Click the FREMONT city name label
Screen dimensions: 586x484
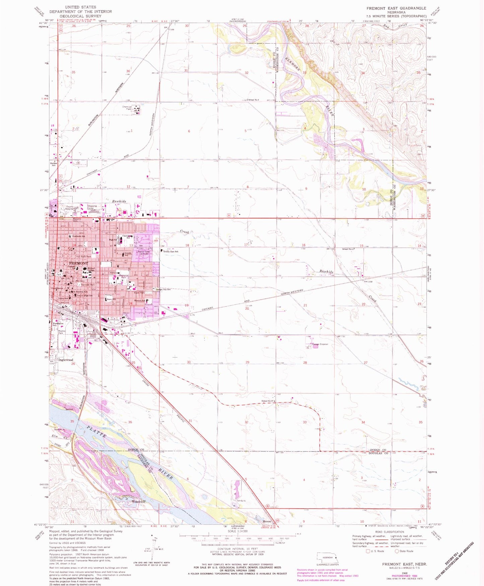[78, 263]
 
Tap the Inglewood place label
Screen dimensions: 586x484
[66, 360]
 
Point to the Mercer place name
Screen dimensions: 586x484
[267, 521]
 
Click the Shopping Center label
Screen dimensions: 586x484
[92, 207]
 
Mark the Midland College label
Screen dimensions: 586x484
[91, 269]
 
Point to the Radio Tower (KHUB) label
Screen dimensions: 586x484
[145, 253]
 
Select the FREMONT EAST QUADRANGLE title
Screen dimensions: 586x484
[396, 8]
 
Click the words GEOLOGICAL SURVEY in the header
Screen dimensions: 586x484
[80, 16]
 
